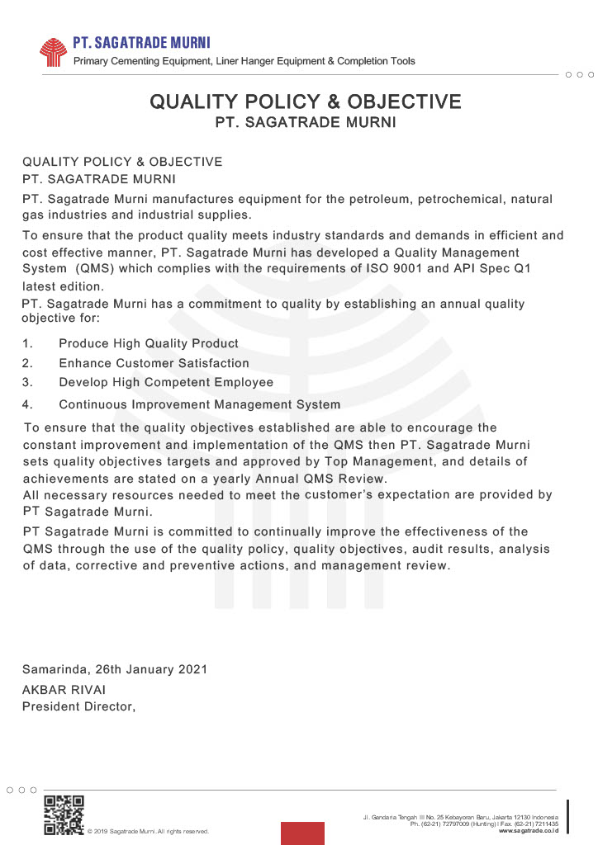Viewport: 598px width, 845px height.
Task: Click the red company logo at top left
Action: pos(53,51)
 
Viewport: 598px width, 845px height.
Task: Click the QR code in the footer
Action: pos(64,814)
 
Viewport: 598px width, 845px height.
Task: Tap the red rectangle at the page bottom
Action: pos(302,833)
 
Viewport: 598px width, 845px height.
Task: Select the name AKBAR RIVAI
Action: pos(64,690)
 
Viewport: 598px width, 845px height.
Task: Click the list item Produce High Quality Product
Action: pos(149,343)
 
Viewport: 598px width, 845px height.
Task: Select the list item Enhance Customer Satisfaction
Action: pos(154,363)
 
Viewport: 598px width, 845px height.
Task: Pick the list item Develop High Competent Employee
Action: pos(166,383)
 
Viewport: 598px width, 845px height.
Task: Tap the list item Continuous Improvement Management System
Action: pos(199,404)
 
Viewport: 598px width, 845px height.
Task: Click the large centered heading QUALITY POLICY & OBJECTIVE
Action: pos(305,101)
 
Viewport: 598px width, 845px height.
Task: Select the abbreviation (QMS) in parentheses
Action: pos(97,269)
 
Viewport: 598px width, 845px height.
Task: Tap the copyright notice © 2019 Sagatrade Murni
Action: pos(148,831)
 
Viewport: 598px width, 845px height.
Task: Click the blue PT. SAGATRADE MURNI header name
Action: pos(141,43)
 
